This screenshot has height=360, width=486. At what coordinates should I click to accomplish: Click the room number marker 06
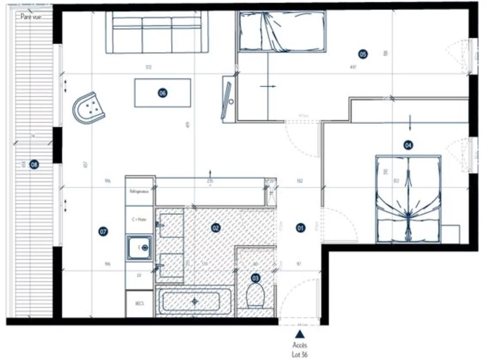[x=162, y=93]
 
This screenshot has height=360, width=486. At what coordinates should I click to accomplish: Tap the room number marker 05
[x=362, y=54]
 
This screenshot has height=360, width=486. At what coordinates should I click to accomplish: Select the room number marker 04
[x=408, y=145]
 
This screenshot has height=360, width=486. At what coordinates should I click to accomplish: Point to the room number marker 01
[x=300, y=228]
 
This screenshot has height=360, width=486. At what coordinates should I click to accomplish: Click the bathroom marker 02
[x=216, y=228]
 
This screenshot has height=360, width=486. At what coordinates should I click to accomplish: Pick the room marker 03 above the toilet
[x=255, y=278]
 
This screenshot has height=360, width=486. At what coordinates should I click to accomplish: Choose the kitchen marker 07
[x=103, y=231]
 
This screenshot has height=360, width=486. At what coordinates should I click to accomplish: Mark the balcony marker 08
[x=34, y=165]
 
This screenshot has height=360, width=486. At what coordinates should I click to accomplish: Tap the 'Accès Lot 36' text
[x=300, y=349]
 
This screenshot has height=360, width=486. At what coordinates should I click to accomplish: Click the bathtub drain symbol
[x=194, y=301]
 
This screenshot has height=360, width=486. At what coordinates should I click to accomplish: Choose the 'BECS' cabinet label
[x=140, y=303]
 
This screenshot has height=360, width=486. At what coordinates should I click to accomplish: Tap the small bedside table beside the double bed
[x=451, y=234]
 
